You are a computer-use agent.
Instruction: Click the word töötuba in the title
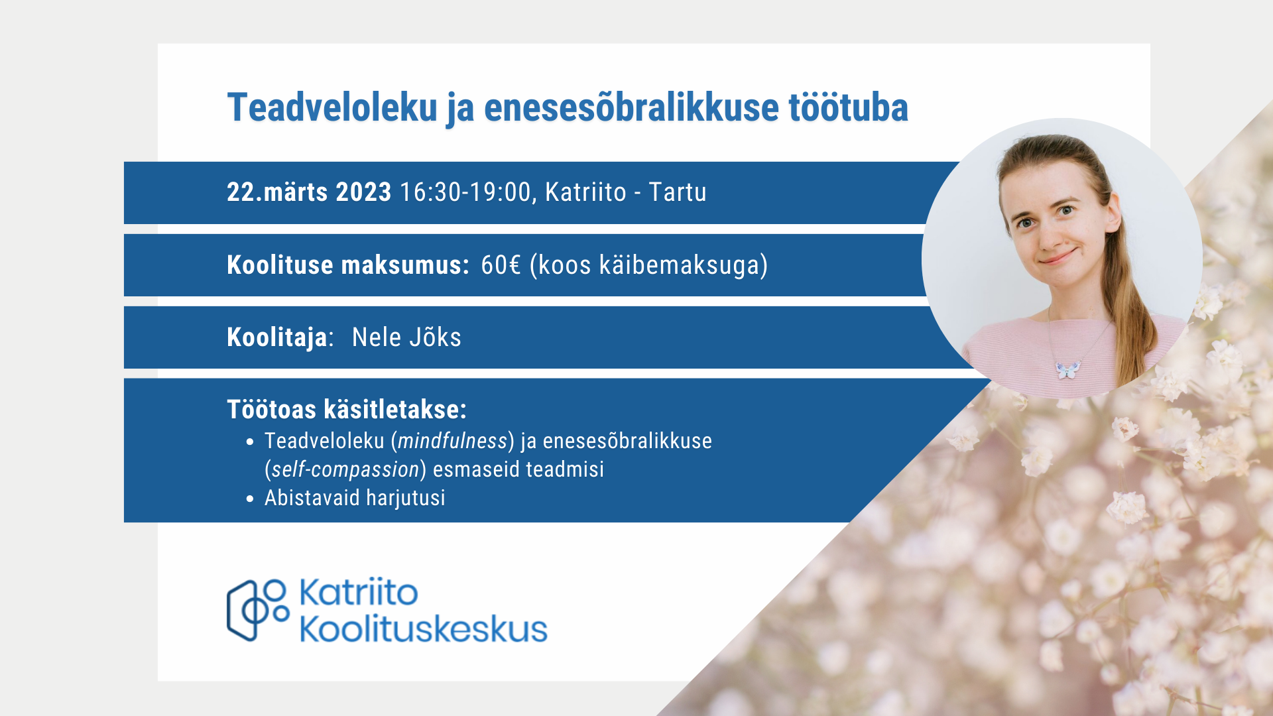848,107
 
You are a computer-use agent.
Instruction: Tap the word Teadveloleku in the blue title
332,107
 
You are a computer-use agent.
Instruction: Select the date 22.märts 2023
309,192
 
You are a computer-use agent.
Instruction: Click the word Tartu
678,192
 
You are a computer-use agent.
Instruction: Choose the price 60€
501,265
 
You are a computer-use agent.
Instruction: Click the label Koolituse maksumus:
348,265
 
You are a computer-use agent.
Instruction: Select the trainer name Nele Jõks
406,337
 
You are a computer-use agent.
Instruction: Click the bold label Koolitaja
277,337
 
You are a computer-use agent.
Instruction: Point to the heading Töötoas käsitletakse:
347,409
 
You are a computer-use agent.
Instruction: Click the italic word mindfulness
453,441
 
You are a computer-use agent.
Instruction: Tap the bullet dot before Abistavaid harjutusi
250,499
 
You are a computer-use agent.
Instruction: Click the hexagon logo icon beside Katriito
258,610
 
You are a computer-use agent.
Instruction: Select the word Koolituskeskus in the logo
424,628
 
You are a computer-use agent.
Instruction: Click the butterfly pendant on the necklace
1067,369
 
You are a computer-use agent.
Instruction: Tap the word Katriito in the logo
359,592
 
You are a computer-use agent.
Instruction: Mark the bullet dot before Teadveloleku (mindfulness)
250,442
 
